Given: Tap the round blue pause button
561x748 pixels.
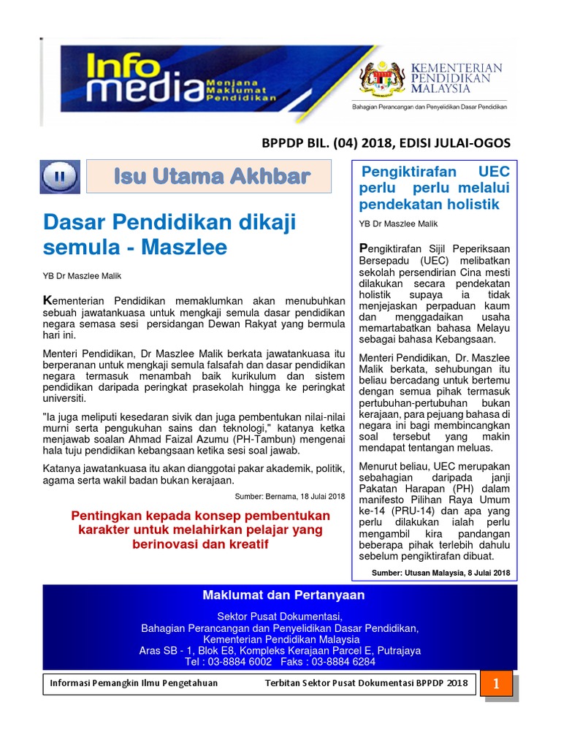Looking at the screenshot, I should point(61,176).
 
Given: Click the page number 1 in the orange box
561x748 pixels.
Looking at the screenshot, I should point(496,684).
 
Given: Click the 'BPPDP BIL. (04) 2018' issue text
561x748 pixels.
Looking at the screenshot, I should point(320,142).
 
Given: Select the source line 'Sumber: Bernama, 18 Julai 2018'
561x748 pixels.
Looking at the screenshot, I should point(289,496).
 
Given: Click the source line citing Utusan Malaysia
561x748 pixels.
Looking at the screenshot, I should point(441,573).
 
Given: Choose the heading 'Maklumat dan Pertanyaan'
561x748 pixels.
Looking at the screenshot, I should point(283,595).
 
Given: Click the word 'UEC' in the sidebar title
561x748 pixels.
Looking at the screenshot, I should point(494,172).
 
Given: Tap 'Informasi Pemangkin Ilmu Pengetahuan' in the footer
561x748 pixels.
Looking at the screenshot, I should point(134,683).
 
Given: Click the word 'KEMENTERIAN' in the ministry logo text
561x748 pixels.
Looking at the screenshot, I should point(457,68).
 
